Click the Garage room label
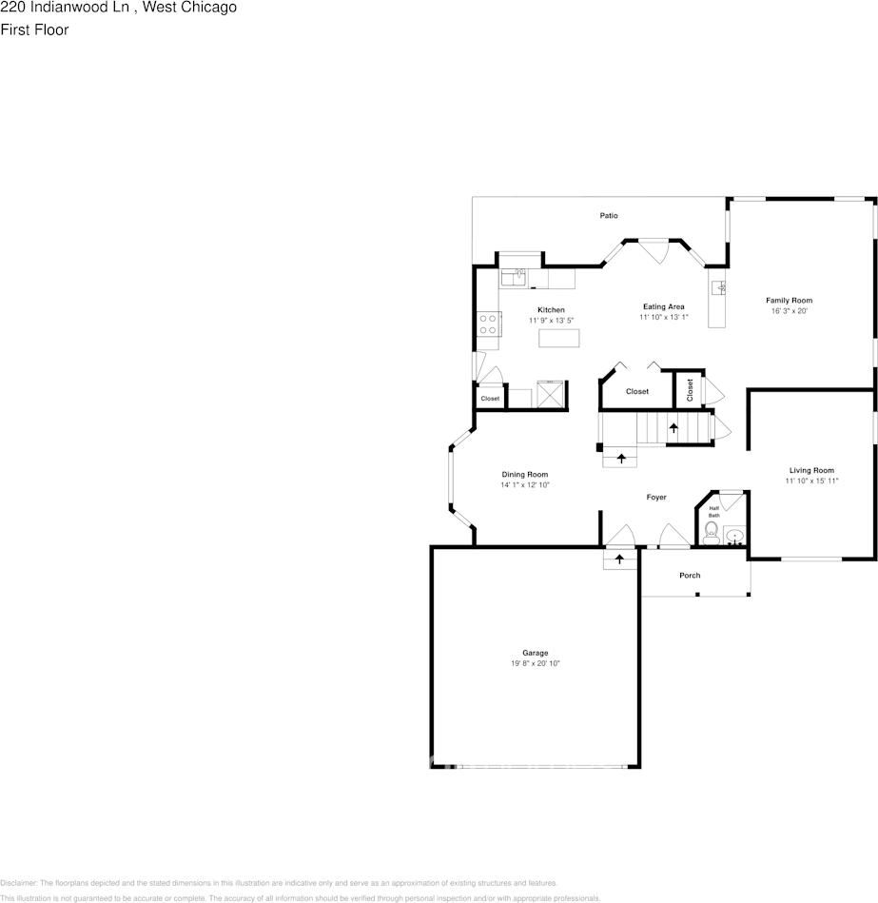click(535, 653)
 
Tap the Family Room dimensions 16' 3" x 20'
click(789, 311)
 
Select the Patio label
click(609, 216)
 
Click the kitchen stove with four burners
click(489, 324)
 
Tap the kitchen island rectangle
click(558, 338)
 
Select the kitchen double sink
click(515, 278)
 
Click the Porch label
click(690, 576)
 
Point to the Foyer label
click(656, 498)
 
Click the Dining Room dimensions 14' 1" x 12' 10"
click(525, 485)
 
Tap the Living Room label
click(810, 470)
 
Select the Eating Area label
click(663, 306)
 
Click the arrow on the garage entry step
click(620, 559)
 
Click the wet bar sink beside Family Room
click(720, 286)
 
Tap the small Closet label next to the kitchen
click(490, 399)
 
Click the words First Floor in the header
click(34, 29)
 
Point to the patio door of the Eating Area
click(653, 253)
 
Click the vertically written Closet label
click(690, 389)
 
